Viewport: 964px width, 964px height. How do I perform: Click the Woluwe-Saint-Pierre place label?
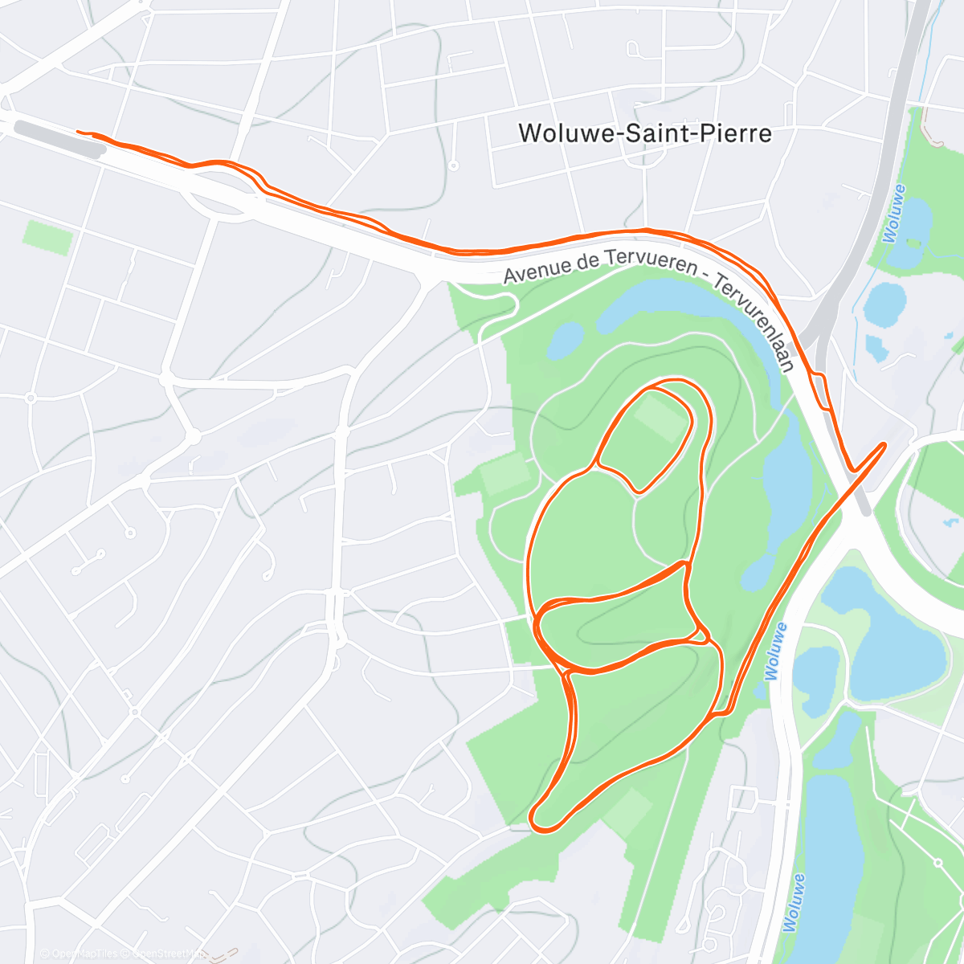click(x=645, y=133)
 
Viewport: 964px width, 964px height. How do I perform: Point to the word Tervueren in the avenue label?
click(x=643, y=259)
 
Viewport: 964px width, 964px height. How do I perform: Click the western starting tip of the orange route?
click(x=78, y=131)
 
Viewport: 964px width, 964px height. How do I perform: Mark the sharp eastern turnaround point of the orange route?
click(x=884, y=444)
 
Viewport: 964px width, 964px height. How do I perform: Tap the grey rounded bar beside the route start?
click(x=59, y=137)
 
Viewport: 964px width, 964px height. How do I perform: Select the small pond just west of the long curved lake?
click(x=566, y=340)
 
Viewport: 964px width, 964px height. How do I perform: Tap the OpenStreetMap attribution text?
click(x=165, y=954)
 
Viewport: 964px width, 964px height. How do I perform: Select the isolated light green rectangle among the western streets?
click(x=47, y=236)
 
